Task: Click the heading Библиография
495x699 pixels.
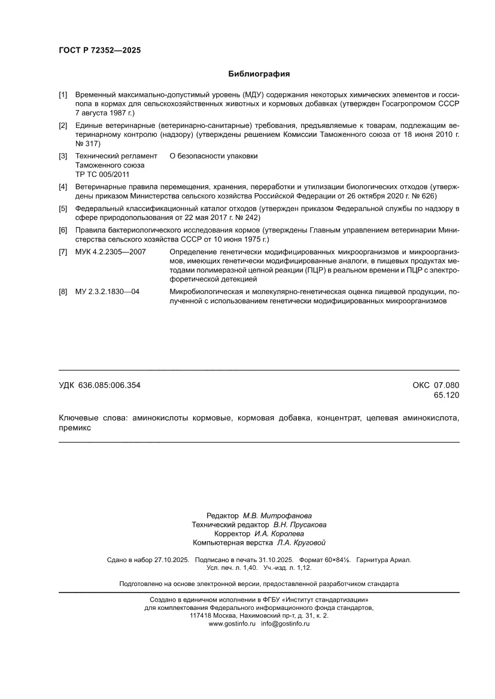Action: (x=259, y=74)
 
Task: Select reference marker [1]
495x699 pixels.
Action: (x=63, y=95)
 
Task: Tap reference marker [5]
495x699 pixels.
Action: (x=63, y=209)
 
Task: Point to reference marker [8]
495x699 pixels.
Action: (x=63, y=292)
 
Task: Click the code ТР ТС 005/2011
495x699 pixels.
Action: (x=94, y=174)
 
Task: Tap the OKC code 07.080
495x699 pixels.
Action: (x=447, y=386)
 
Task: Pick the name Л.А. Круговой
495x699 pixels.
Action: (x=301, y=543)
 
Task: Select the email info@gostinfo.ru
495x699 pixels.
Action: (x=286, y=624)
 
